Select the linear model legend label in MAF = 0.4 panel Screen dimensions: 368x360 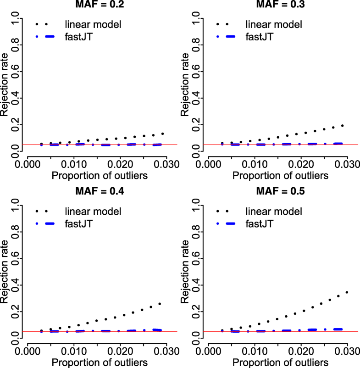tap(92, 211)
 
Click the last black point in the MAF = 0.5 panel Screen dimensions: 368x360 tap(347, 292)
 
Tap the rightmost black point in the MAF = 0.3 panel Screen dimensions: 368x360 tap(342, 125)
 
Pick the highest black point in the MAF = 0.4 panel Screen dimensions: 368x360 tap(160, 304)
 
